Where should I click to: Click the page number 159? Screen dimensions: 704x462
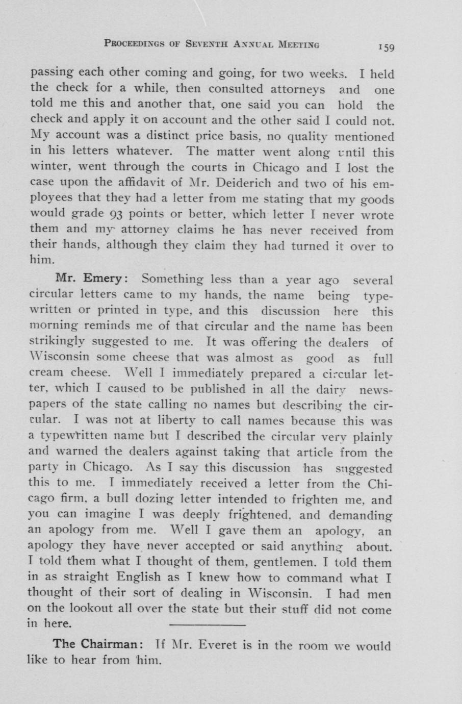point(387,47)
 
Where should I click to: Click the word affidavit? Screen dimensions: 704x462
point(136,183)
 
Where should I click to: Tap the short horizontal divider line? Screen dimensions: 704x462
point(207,624)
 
